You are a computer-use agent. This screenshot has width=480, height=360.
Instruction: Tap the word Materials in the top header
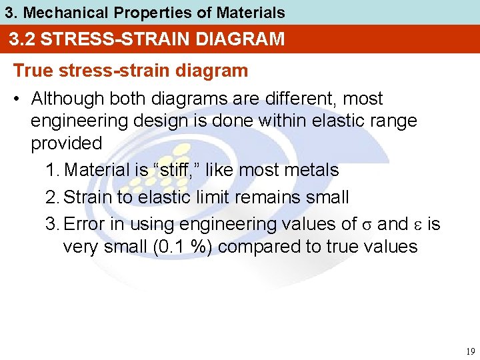[x=250, y=13]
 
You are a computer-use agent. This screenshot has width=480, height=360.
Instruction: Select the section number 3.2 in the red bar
[x=23, y=39]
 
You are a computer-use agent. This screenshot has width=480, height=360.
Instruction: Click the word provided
[x=66, y=143]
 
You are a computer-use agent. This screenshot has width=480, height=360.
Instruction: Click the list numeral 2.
[x=53, y=197]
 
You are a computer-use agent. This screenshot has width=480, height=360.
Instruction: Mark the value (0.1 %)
[x=181, y=247]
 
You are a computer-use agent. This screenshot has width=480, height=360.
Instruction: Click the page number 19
[x=470, y=351]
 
